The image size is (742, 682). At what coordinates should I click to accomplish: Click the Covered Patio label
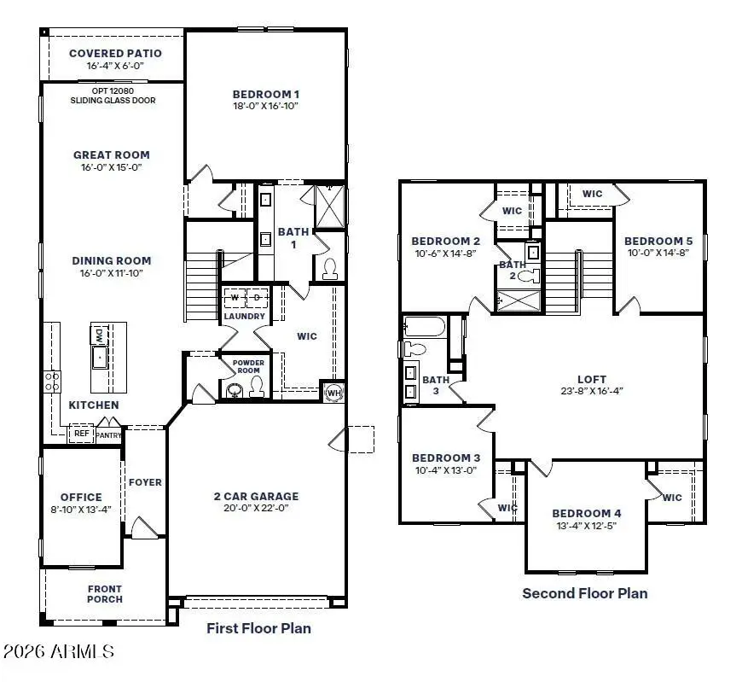115,54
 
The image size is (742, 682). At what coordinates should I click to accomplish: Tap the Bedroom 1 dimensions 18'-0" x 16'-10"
266,106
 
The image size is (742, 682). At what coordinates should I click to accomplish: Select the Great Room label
112,154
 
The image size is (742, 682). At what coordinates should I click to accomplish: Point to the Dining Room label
112,261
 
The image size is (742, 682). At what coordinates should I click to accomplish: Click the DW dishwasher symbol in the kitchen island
99,334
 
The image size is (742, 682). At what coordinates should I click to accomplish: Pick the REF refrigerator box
81,434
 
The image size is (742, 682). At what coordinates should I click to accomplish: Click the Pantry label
109,435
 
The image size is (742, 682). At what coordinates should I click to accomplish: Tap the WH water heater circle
333,393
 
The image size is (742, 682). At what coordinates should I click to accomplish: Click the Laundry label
245,317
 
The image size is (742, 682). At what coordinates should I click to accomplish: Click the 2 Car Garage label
256,496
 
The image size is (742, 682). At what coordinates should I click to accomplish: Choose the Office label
81,497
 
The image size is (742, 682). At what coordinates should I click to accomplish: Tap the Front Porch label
105,594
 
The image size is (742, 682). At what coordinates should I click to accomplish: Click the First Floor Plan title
258,628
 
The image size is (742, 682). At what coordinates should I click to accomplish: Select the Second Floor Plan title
584,593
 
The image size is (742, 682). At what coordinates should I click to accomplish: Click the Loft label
592,379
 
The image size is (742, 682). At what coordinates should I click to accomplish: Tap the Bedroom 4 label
586,513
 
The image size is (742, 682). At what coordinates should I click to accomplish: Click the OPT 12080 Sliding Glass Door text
113,95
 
